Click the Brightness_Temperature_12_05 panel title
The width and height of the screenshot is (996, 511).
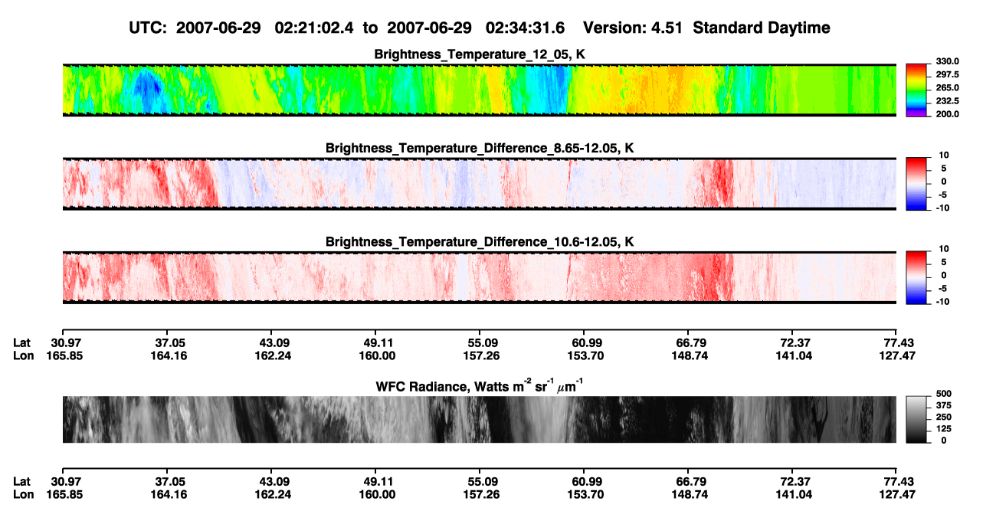(480, 54)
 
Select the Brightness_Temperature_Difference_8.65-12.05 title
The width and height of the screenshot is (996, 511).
(480, 148)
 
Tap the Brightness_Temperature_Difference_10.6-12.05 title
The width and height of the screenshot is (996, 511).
(480, 242)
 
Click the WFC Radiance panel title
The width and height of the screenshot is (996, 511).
(480, 386)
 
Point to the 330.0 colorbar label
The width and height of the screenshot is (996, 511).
(947, 61)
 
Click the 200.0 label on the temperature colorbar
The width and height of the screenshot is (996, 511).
(947, 114)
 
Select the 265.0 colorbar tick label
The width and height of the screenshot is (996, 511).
(947, 87)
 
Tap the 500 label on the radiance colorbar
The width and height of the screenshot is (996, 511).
(944, 394)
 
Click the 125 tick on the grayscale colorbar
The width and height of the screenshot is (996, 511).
(944, 429)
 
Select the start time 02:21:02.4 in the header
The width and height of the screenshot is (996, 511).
(314, 28)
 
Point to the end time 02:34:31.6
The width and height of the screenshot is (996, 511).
(525, 28)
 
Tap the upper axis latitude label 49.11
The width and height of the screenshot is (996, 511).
(377, 343)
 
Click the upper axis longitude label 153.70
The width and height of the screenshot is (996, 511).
(585, 355)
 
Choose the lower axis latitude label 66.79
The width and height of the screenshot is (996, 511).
(690, 482)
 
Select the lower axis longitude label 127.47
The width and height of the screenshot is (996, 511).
(897, 495)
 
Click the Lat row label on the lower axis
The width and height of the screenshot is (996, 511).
(21, 482)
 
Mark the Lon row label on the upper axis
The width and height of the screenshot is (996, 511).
(24, 355)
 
